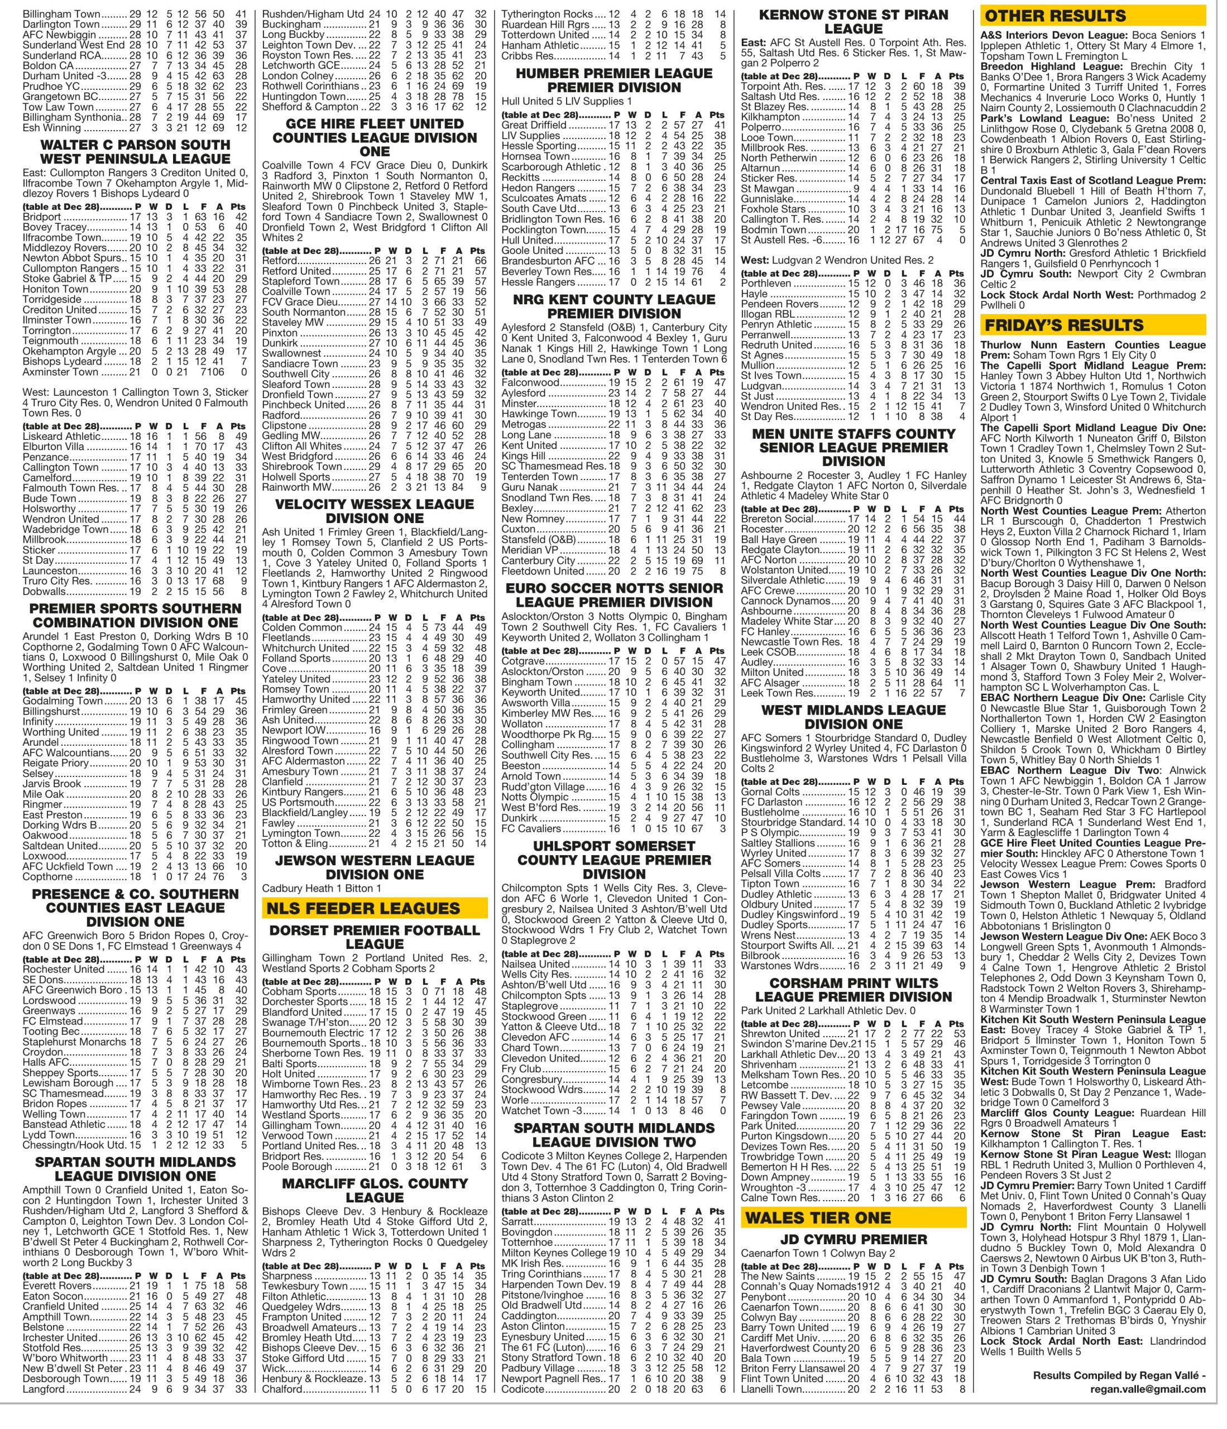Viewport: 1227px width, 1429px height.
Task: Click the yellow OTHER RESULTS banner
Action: [1092, 15]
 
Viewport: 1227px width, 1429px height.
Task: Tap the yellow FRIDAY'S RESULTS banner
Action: [1092, 325]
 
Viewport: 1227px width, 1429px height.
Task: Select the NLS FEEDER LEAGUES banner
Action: [375, 908]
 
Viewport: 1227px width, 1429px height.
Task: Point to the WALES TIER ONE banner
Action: [854, 1216]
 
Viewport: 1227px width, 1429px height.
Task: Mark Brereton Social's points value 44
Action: [957, 519]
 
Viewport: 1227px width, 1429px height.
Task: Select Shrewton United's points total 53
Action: [957, 1033]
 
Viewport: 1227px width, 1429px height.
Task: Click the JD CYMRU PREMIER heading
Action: [854, 1239]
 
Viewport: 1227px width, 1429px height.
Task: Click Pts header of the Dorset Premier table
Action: [477, 981]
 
